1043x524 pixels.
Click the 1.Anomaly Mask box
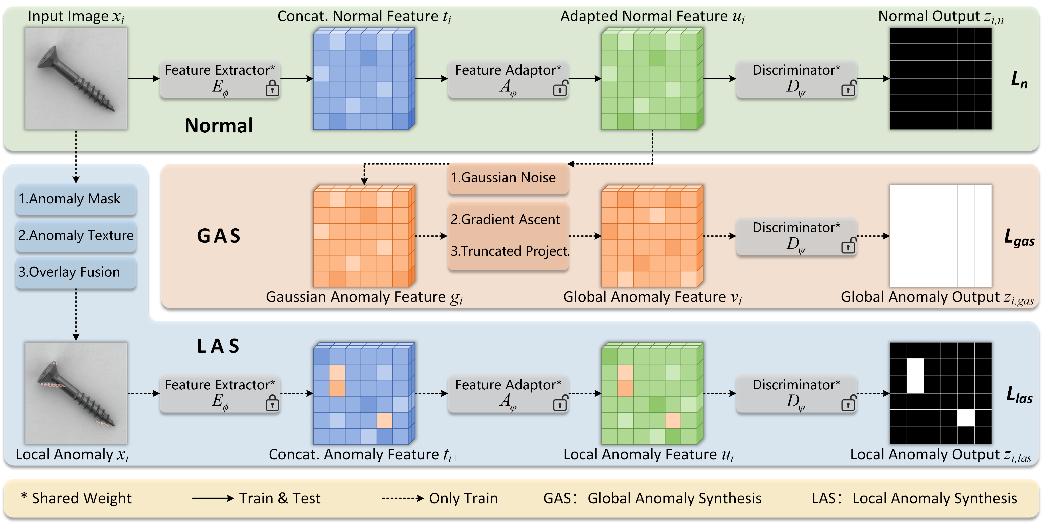pyautogui.click(x=76, y=199)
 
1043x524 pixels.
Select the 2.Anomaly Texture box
pyautogui.click(x=76, y=235)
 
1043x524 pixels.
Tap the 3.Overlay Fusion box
pyautogui.click(x=76, y=272)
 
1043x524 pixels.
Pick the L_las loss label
pyautogui.click(x=1019, y=395)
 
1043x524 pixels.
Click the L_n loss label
pyautogui.click(x=1019, y=80)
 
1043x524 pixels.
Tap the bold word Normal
pyautogui.click(x=219, y=126)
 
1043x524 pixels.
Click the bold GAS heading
pyautogui.click(x=219, y=236)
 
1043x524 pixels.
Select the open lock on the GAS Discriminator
pyautogui.click(x=848, y=246)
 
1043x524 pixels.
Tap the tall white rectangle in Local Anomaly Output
pyautogui.click(x=915, y=375)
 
